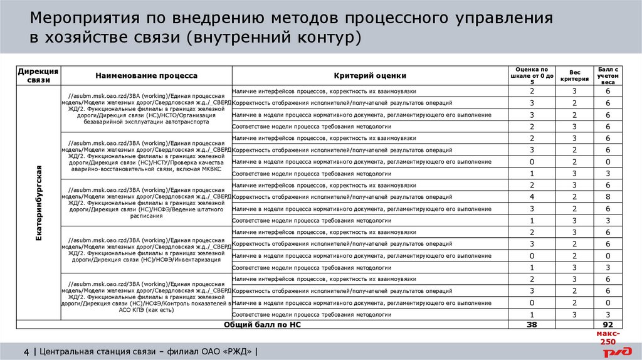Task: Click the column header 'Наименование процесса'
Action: coord(146,75)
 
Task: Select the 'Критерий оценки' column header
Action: coord(370,75)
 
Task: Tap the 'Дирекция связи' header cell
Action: coord(38,75)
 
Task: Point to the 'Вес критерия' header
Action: coord(574,75)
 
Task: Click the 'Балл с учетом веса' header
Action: coord(608,75)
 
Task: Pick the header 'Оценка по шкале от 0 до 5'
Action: coord(532,75)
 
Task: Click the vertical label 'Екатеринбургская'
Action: coord(38,203)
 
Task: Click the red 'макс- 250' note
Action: coord(608,338)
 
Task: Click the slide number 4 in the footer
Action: coord(26,351)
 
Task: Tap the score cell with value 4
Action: coord(532,197)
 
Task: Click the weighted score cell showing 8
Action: coord(608,197)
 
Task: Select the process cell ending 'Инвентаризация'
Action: coord(146,250)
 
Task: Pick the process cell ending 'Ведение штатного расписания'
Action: coord(146,203)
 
